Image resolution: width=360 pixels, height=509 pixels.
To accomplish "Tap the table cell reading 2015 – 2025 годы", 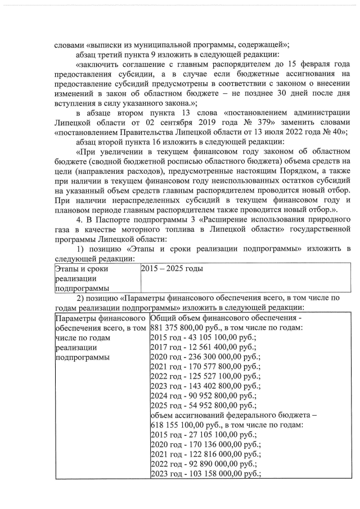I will (172, 269).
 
